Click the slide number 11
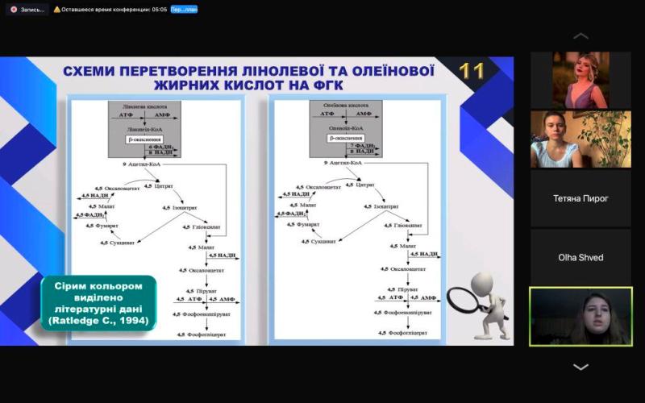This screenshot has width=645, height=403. coord(472,71)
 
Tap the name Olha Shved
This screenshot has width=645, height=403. coord(580,258)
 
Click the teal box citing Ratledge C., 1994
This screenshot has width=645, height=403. coord(99,303)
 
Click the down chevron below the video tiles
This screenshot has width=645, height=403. coord(580,367)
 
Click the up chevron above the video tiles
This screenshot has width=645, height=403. coord(580,36)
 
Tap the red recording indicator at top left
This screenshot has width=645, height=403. coord(14,9)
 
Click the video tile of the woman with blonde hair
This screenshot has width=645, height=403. coord(580,80)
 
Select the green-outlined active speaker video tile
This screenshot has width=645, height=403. coord(580,316)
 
